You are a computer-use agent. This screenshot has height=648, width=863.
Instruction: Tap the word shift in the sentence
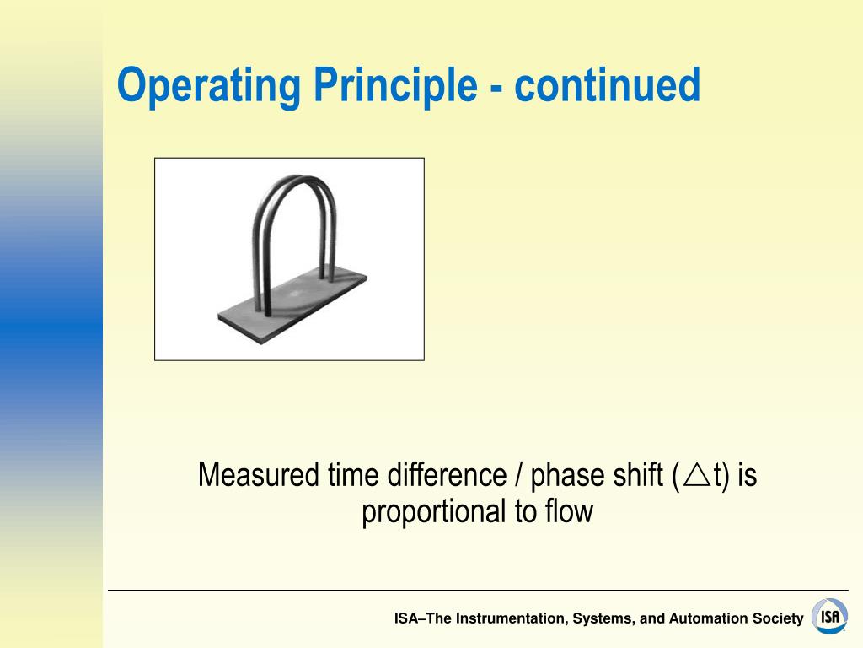click(x=635, y=476)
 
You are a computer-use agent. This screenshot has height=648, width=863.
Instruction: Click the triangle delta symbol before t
click(x=696, y=476)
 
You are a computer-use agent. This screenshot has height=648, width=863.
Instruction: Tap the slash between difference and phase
click(x=514, y=476)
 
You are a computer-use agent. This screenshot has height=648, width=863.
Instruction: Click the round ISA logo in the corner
click(x=830, y=617)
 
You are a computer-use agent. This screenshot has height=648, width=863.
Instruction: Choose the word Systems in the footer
click(x=602, y=618)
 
